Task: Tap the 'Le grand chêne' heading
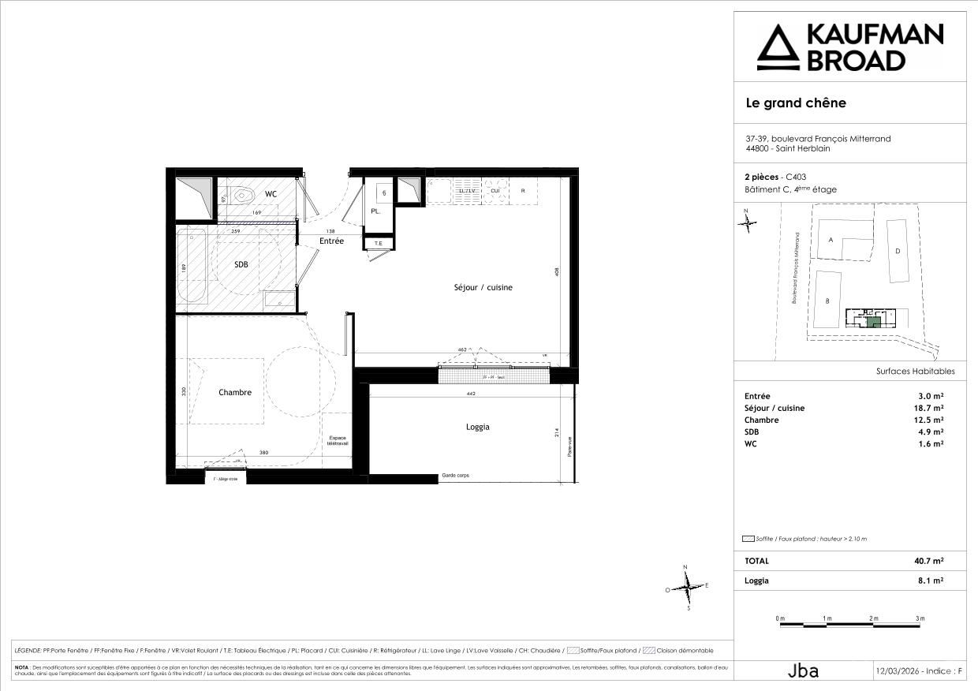coord(795,103)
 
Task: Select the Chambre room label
coord(235,392)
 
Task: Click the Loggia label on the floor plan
coord(477,427)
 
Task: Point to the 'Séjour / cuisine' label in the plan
coord(483,287)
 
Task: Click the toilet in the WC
coord(240,193)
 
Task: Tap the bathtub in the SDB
coord(192,266)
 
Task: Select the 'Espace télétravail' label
coord(338,441)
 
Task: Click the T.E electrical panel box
coord(378,244)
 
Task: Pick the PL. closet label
coord(376,211)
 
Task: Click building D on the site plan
coord(898,251)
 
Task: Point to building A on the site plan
coord(831,239)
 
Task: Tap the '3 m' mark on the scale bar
coord(920,618)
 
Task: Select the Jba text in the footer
coord(803,671)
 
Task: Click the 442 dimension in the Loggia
coord(471,394)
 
